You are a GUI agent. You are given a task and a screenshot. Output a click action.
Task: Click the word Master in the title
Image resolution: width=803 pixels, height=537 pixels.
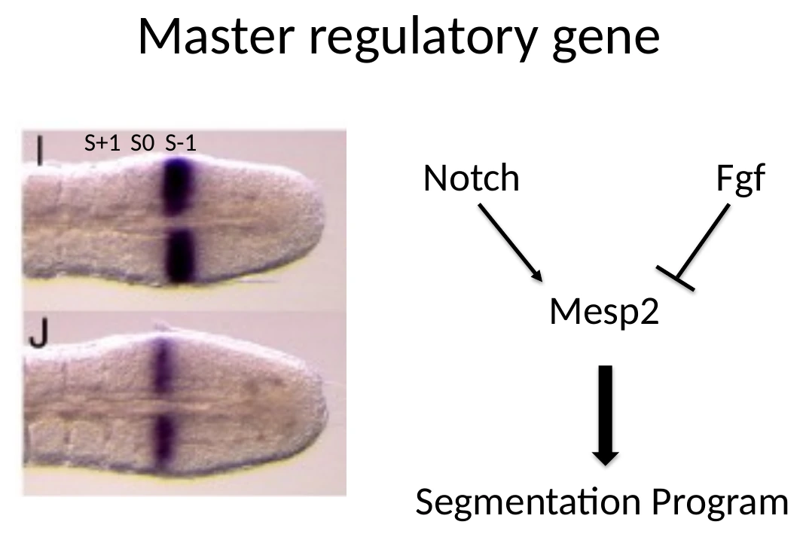click(217, 36)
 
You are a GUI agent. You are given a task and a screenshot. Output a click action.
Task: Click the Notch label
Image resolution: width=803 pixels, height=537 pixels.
click(471, 178)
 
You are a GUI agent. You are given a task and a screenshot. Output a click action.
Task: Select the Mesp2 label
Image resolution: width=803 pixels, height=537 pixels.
click(604, 311)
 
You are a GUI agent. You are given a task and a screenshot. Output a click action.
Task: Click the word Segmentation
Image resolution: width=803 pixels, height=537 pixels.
click(528, 502)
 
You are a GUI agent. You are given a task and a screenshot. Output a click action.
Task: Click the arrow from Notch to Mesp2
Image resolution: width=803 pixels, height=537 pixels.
click(510, 243)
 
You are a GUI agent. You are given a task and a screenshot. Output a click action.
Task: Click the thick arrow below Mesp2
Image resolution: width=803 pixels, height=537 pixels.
click(606, 415)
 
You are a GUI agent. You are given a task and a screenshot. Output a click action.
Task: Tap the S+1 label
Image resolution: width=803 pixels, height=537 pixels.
click(102, 143)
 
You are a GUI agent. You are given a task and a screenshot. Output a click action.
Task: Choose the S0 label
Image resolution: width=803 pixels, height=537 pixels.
click(142, 143)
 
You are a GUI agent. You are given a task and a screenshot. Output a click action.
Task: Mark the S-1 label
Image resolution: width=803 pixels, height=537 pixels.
click(181, 143)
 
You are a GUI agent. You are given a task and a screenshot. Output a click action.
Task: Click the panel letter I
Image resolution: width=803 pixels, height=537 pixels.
click(39, 150)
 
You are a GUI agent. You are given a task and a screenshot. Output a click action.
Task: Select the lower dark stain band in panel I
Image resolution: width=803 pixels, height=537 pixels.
click(180, 255)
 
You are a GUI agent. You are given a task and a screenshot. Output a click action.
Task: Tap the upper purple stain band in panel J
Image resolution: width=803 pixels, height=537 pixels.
click(162, 365)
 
